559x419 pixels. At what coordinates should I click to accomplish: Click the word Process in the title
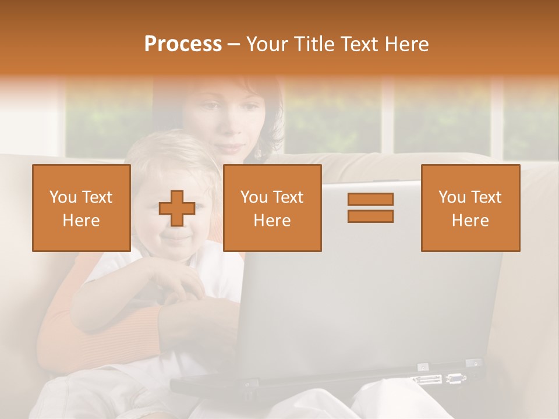(183, 44)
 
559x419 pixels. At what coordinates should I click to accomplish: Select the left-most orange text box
(81, 208)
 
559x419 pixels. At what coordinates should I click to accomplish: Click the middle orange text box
(272, 208)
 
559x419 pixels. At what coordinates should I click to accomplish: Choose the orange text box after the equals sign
(470, 208)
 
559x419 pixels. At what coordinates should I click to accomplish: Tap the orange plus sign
(176, 208)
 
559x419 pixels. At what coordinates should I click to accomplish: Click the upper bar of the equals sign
(370, 200)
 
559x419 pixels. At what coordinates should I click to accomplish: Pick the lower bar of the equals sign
(370, 216)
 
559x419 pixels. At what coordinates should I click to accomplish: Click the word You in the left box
(62, 197)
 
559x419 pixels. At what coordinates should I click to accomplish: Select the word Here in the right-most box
(470, 221)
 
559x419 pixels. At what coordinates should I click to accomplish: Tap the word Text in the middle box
(288, 197)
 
